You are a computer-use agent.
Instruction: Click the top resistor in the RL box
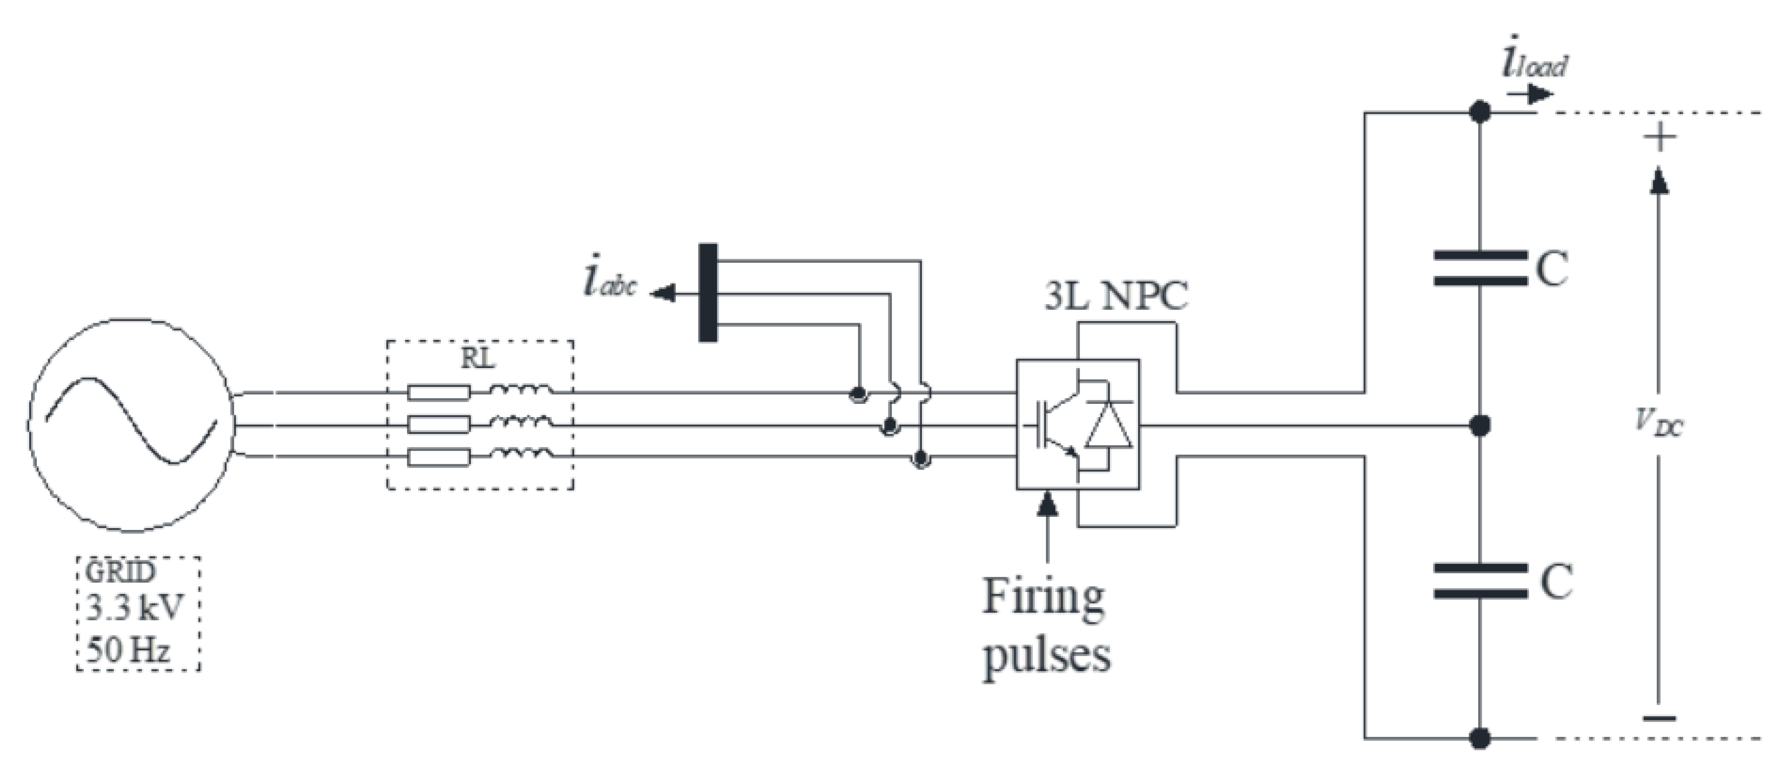[x=438, y=393]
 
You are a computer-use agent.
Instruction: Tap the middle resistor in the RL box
[x=438, y=424]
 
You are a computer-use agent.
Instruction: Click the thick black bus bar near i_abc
[x=707, y=292]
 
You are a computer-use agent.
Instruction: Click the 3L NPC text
[x=1116, y=296]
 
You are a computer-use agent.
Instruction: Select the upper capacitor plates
[x=1480, y=268]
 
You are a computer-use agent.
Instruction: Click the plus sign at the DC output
[x=1660, y=138]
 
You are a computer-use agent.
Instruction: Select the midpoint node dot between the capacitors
[x=1481, y=424]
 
